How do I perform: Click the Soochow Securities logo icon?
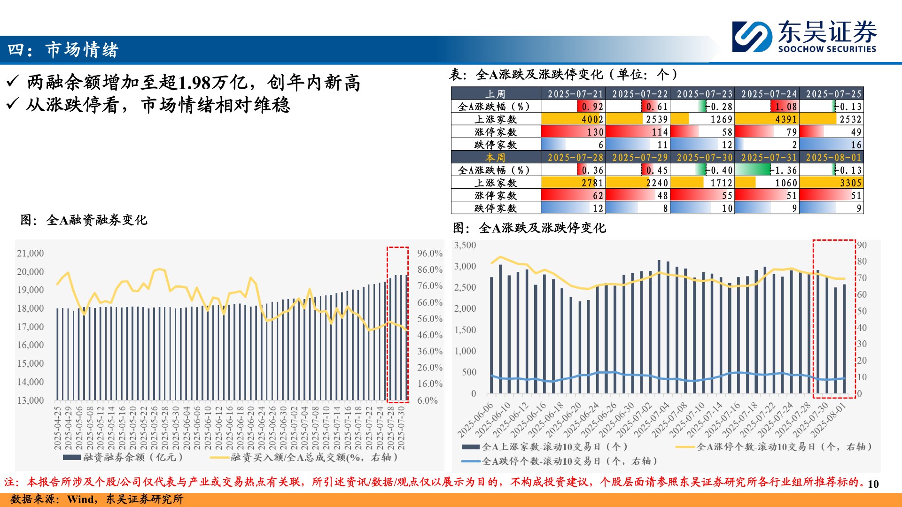[752, 36]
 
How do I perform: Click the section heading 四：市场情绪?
[63, 50]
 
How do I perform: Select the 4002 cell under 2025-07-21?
[573, 119]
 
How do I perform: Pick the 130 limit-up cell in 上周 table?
[573, 132]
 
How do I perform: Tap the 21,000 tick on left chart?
[31, 253]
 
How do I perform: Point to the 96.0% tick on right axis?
[429, 253]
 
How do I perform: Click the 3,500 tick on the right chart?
[465, 245]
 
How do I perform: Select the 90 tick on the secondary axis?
[862, 245]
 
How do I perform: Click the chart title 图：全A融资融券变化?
[84, 220]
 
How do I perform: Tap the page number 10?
[873, 484]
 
